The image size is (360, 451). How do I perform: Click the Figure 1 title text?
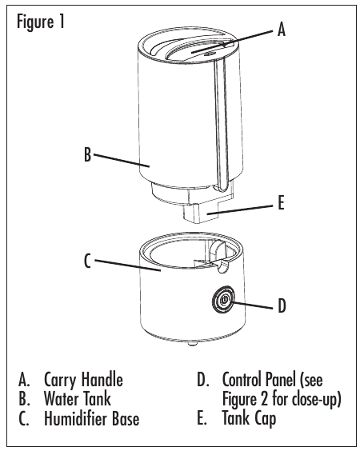coord(41,22)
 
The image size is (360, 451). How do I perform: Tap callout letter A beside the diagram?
coord(281,29)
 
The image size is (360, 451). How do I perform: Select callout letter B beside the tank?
coord(87,154)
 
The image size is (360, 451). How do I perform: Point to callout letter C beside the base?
coord(87,261)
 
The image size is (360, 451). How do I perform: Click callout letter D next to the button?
coord(282,305)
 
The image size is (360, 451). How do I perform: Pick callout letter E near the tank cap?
coord(281,202)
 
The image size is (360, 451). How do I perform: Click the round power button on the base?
coord(224,300)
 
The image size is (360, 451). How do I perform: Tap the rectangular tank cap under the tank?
coord(201,212)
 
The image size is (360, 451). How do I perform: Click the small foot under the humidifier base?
coord(192,343)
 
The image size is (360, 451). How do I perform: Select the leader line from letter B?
coord(122,161)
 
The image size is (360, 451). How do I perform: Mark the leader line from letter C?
coord(127,265)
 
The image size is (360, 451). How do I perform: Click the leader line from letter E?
coord(240,210)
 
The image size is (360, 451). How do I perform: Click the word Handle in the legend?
coord(102,379)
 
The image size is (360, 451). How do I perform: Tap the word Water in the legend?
coord(61,399)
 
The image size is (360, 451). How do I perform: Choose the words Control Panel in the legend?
coord(259,380)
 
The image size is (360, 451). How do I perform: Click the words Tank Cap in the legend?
coord(249,418)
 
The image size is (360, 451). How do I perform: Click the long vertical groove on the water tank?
coord(221,125)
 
